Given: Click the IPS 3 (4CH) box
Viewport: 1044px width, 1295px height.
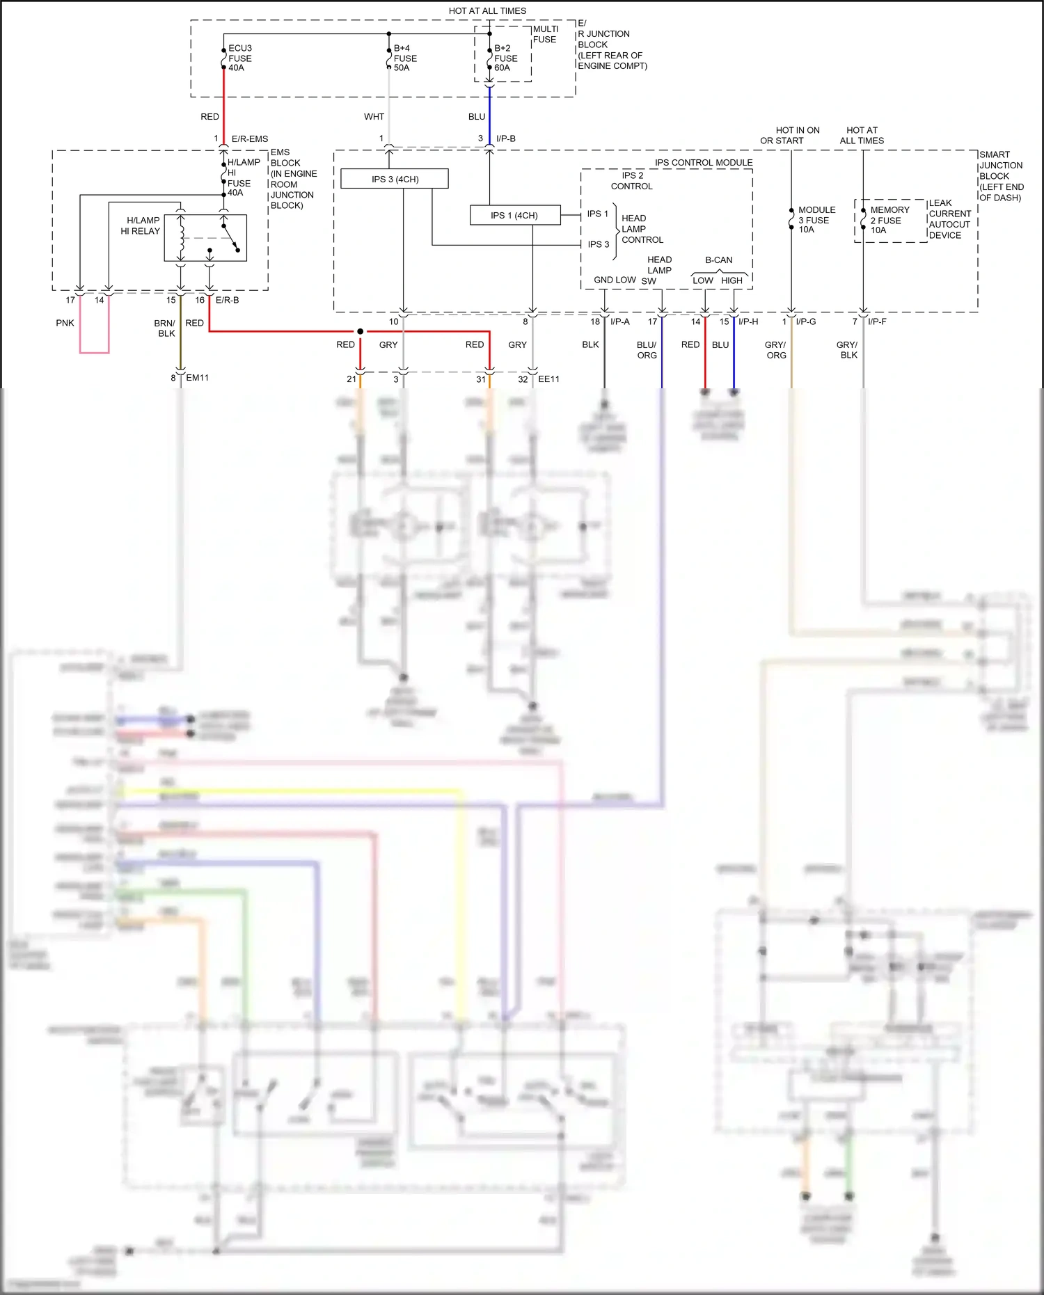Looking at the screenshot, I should pyautogui.click(x=394, y=179).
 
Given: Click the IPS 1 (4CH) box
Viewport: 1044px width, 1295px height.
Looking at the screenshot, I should pyautogui.click(x=514, y=215).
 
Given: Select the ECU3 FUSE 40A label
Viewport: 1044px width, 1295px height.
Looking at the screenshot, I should pyautogui.click(x=239, y=58).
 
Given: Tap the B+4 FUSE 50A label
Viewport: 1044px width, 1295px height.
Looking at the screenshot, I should pyautogui.click(x=404, y=58).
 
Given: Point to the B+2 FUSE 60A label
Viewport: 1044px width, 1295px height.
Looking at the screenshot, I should pyautogui.click(x=505, y=58).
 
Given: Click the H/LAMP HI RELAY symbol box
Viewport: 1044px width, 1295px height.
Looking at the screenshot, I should pyautogui.click(x=205, y=237).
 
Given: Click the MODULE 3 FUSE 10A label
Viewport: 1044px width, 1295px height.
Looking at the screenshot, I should pyautogui.click(x=816, y=219).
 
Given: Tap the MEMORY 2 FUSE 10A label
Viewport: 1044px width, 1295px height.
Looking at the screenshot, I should pyautogui.click(x=889, y=219).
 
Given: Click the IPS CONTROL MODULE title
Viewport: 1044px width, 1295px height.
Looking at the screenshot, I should pyautogui.click(x=703, y=162).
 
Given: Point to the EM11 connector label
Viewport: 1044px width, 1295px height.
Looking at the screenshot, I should pyautogui.click(x=197, y=377).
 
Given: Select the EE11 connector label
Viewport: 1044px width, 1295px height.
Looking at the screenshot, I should pyautogui.click(x=548, y=379).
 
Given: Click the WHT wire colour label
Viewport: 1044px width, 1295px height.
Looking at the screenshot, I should pyautogui.click(x=374, y=116).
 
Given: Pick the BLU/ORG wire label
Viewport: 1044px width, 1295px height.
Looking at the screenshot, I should pyautogui.click(x=647, y=349).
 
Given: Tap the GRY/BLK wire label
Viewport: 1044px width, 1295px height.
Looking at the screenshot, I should pyautogui.click(x=847, y=349).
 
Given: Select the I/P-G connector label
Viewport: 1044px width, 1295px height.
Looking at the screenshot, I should pyautogui.click(x=806, y=321).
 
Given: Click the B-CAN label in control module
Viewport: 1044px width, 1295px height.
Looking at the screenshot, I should pyautogui.click(x=718, y=260).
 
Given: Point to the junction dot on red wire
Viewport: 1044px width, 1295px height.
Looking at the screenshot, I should pyautogui.click(x=360, y=331).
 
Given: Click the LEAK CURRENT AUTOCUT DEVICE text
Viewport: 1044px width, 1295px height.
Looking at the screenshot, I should pyautogui.click(x=949, y=219).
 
